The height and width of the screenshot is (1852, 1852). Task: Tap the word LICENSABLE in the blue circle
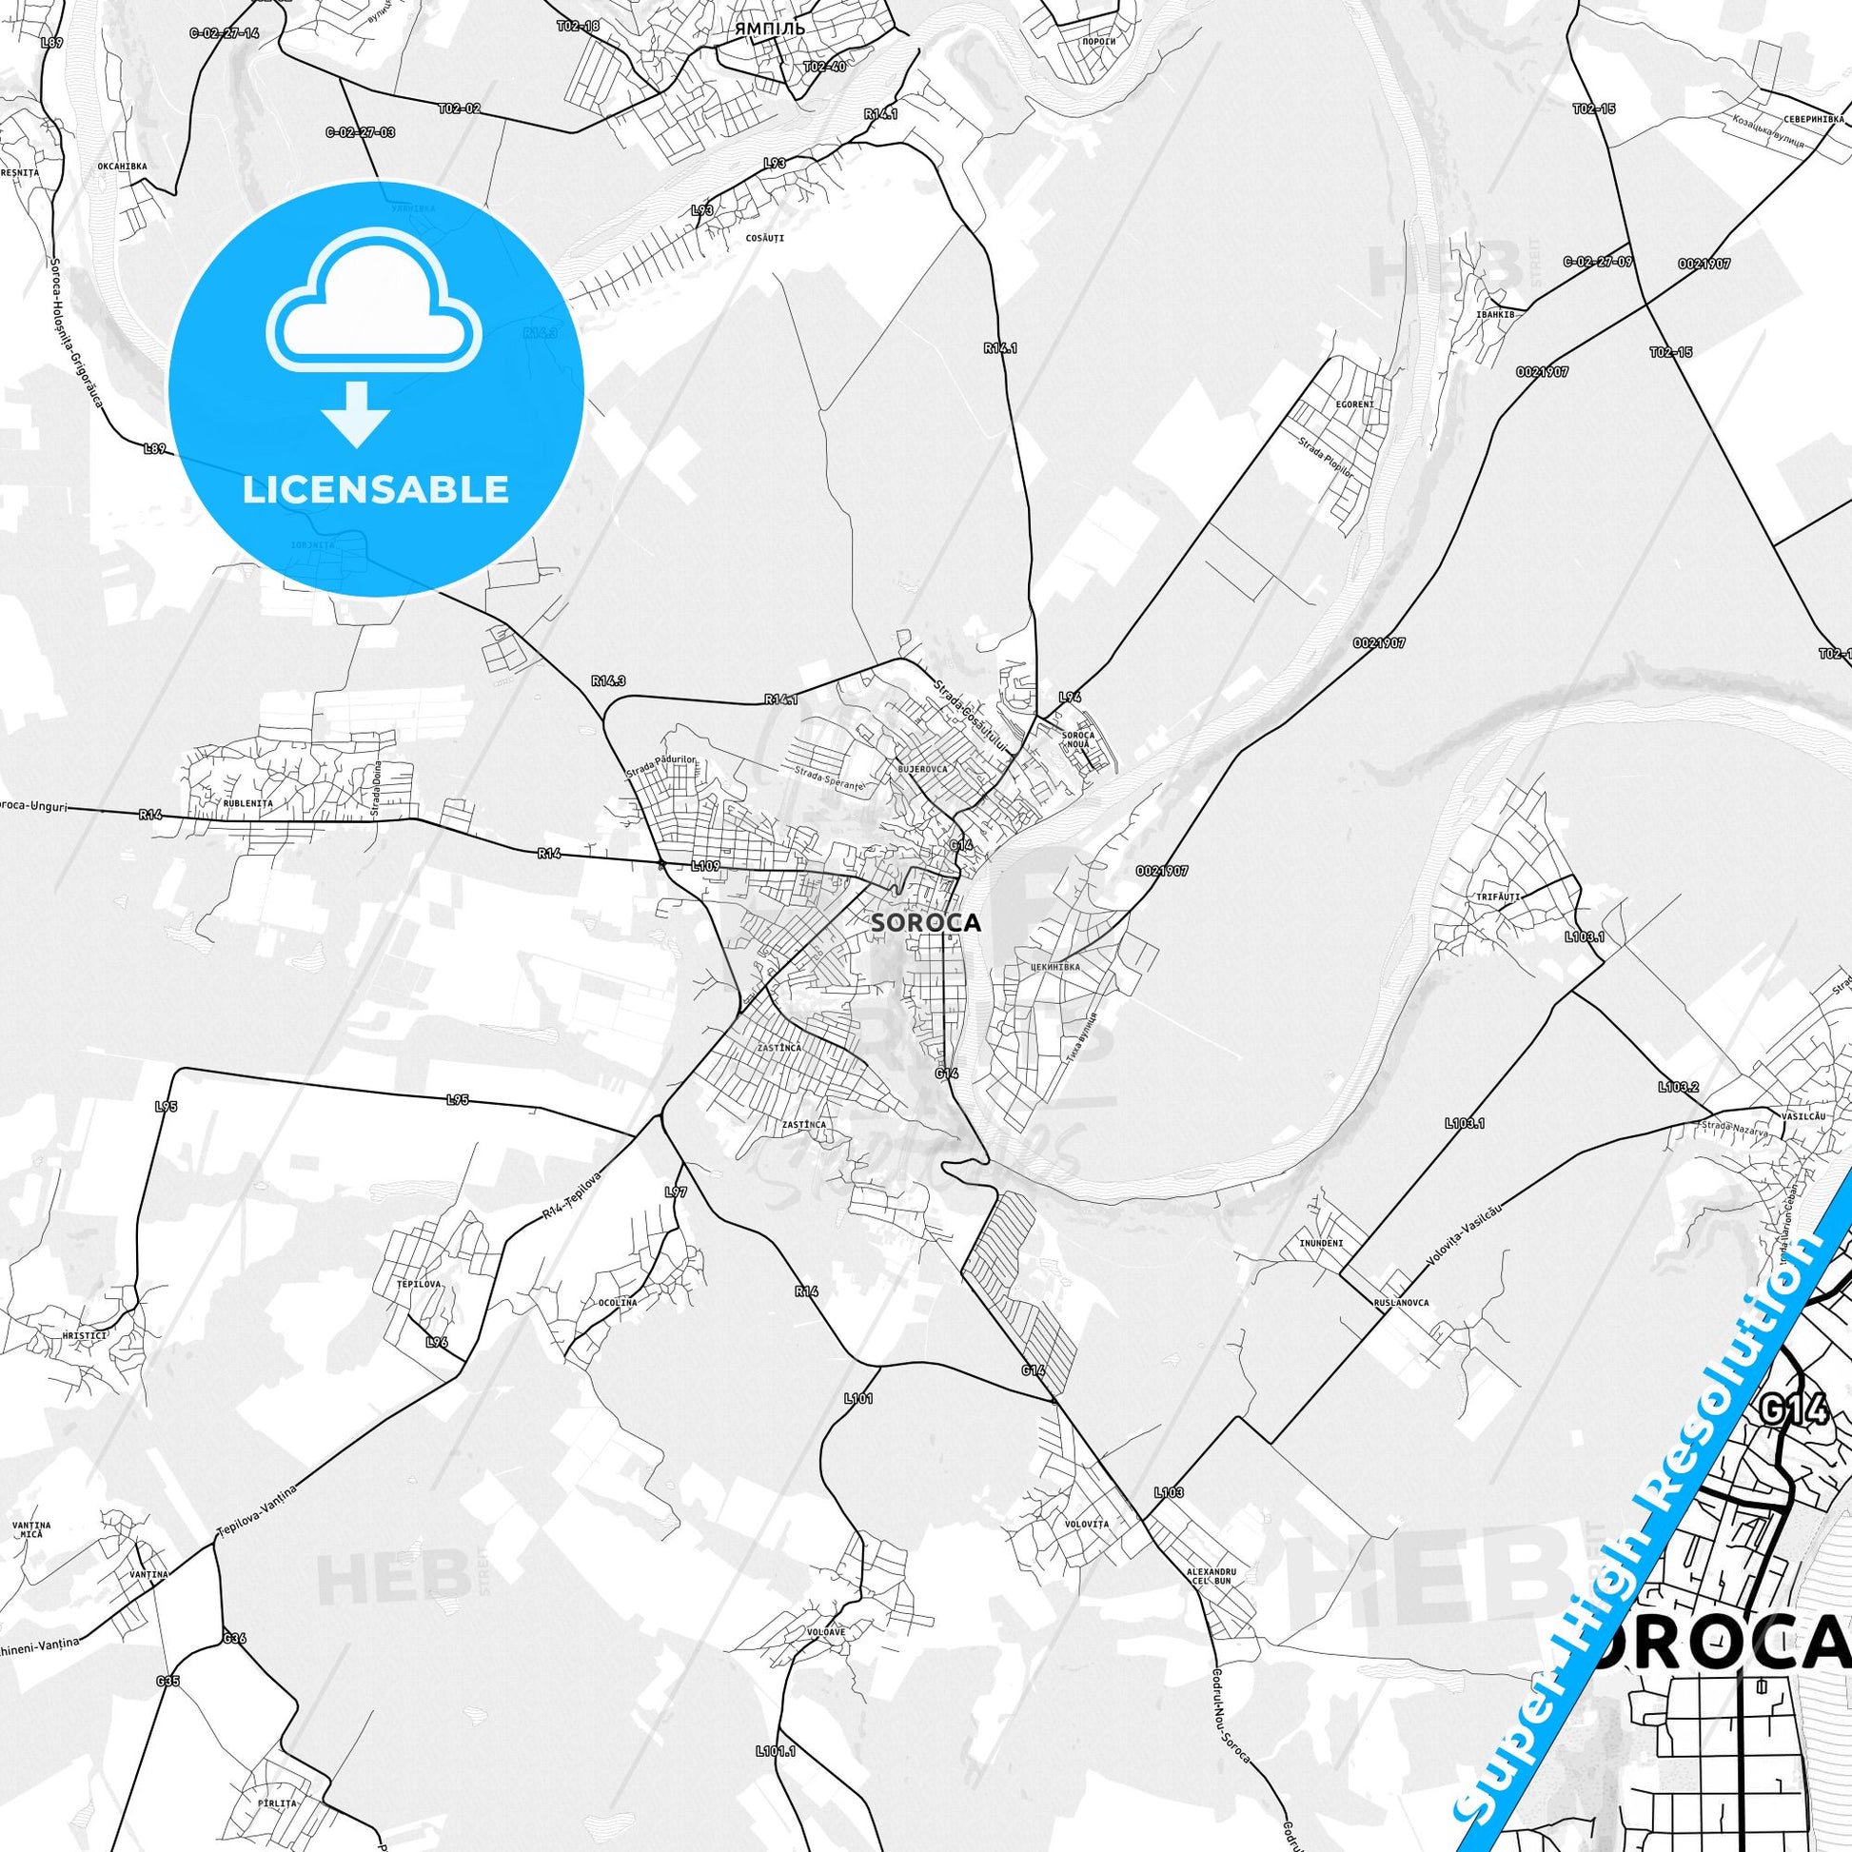pos(376,489)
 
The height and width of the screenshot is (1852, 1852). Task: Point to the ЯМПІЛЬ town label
pos(769,30)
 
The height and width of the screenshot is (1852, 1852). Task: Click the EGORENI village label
pos(1354,404)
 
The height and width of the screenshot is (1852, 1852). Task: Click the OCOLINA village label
pos(618,1304)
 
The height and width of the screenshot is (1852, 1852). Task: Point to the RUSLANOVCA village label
pos(1401,1304)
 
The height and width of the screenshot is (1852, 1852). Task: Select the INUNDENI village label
pos(1321,1243)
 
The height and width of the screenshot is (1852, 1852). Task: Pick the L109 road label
pos(704,866)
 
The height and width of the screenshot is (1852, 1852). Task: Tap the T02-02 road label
pos(459,108)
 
